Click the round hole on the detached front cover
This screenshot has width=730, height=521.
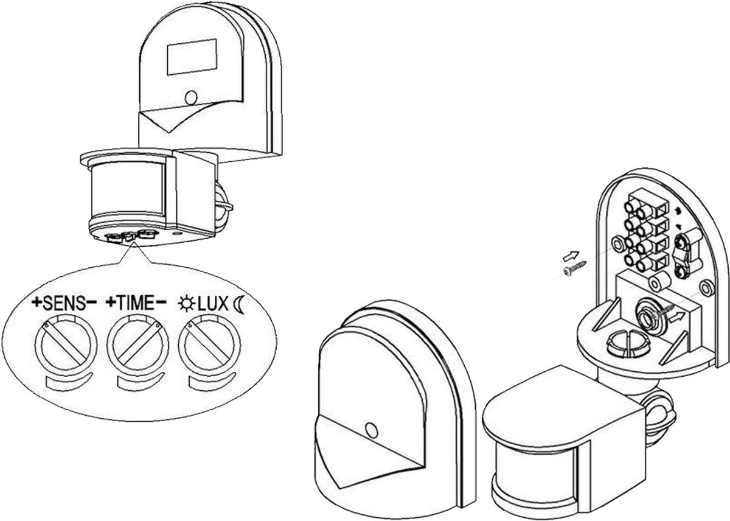370,430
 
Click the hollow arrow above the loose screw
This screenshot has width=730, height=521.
571,254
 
